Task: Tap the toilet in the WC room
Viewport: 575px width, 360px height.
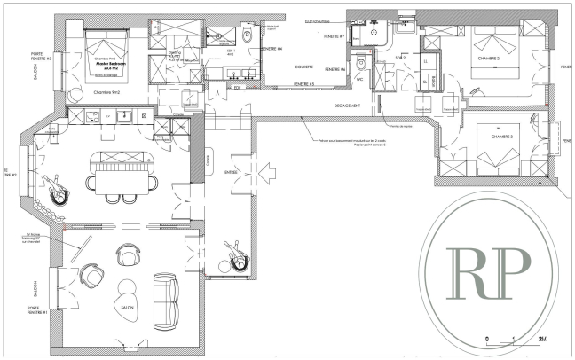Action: (x=361, y=67)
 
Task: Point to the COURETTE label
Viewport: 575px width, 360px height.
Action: (x=304, y=62)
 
